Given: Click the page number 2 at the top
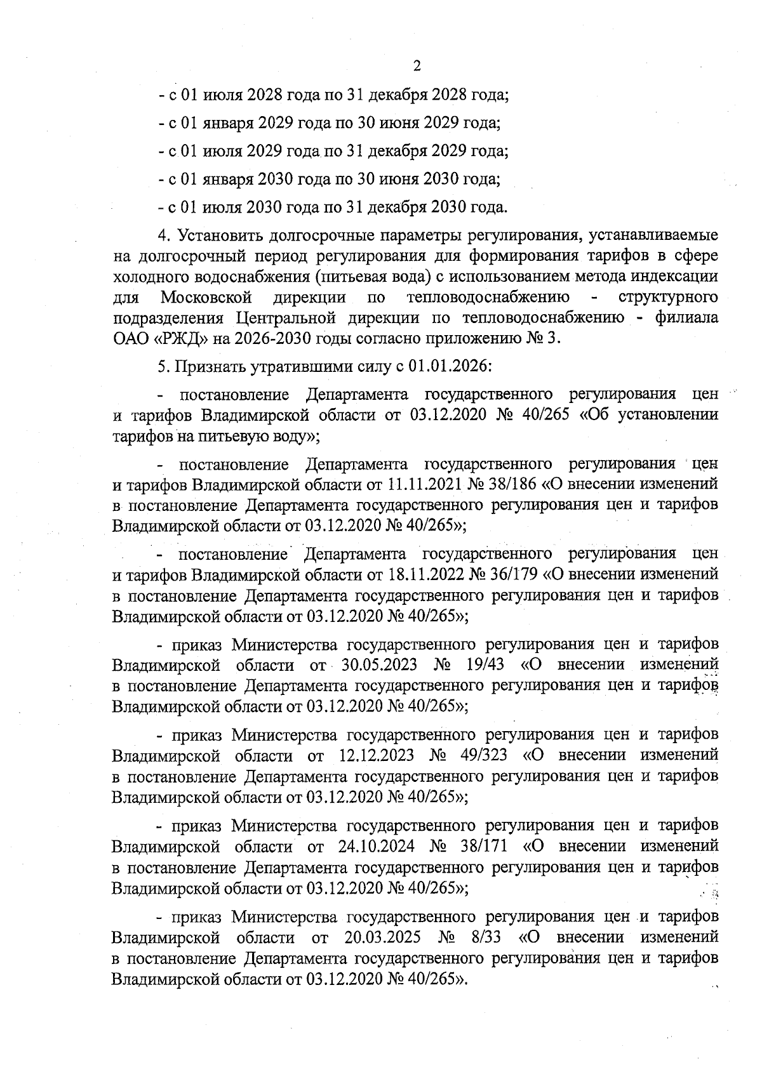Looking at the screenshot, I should pyautogui.click(x=417, y=66).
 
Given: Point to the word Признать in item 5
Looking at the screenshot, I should pyautogui.click(x=206, y=367).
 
